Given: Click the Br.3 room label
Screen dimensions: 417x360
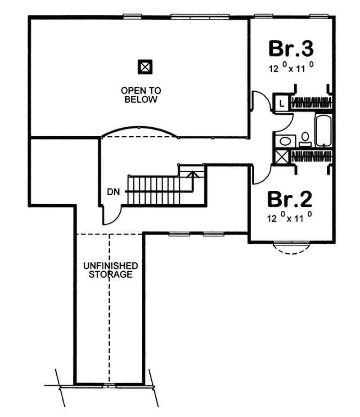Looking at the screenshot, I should pyautogui.click(x=291, y=48).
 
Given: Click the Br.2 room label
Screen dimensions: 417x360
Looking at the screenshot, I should pyautogui.click(x=290, y=199).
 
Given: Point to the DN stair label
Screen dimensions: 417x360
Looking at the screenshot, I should pyautogui.click(x=113, y=192).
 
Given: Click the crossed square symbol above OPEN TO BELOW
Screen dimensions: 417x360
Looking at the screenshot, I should pyautogui.click(x=145, y=67).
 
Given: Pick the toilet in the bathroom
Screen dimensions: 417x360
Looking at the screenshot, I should pyautogui.click(x=305, y=138).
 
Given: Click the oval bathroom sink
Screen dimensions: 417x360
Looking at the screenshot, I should pyautogui.click(x=285, y=141).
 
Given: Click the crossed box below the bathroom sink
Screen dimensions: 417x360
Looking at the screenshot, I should pyautogui.click(x=282, y=157).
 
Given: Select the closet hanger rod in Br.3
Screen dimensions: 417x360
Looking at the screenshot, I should pyautogui.click(x=311, y=102).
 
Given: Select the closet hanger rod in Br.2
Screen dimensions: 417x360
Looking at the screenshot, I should pyautogui.click(x=311, y=156).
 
